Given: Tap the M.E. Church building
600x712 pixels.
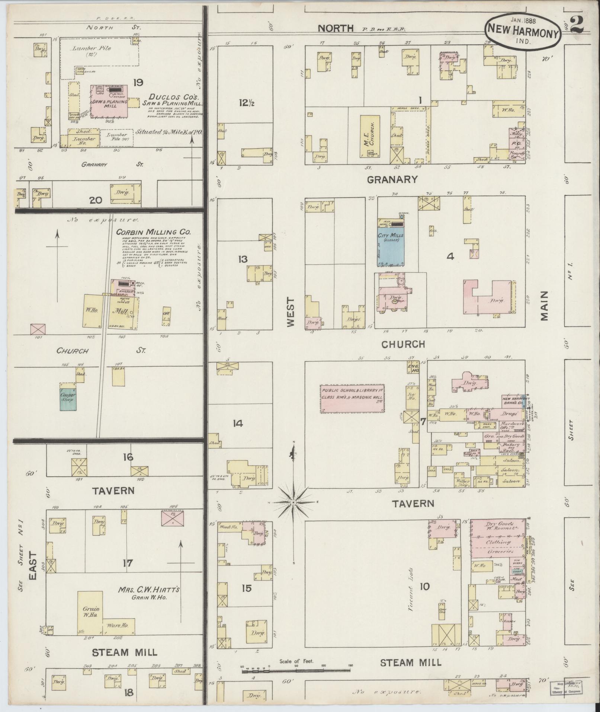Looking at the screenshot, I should coord(366,136).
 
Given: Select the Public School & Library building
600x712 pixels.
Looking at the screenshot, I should coord(352,399).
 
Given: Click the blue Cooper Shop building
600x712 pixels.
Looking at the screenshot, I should coord(68,399).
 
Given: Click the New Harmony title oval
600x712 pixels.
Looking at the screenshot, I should coord(523,34).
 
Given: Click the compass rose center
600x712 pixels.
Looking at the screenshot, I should coord(293,502).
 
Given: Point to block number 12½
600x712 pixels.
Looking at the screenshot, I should coord(244,103).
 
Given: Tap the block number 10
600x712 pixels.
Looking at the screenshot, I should coord(424,587).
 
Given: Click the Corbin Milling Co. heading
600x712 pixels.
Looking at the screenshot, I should coord(153,232).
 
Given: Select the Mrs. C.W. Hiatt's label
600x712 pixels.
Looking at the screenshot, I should coord(149,590).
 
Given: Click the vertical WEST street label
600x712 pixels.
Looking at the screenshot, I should coord(290,312).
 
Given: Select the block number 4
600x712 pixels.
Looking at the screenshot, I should coord(450,256).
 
